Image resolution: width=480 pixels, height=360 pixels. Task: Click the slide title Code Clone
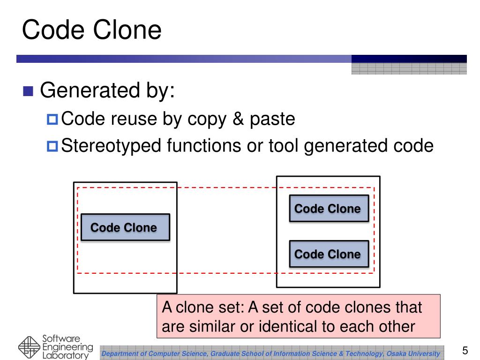pos(92,30)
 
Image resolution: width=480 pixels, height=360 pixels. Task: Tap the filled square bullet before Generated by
pos(29,90)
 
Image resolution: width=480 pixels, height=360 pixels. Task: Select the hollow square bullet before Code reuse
pos(52,120)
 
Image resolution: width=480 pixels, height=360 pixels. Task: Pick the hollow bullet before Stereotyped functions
pos(52,146)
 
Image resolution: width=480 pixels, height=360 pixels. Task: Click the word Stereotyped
pos(112,146)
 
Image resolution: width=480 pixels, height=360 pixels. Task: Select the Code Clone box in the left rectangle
pos(125,228)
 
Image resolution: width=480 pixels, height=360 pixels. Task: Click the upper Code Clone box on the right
pos(329,209)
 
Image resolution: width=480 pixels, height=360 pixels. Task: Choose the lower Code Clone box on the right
pos(329,254)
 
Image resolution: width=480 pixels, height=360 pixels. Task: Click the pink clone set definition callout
pos(298,316)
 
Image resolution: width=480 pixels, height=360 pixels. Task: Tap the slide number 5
pos(465,350)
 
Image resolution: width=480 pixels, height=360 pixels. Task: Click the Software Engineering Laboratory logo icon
pos(30,347)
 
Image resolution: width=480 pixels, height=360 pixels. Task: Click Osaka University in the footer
pos(413,353)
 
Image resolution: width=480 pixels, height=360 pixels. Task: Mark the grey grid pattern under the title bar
pos(409,69)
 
